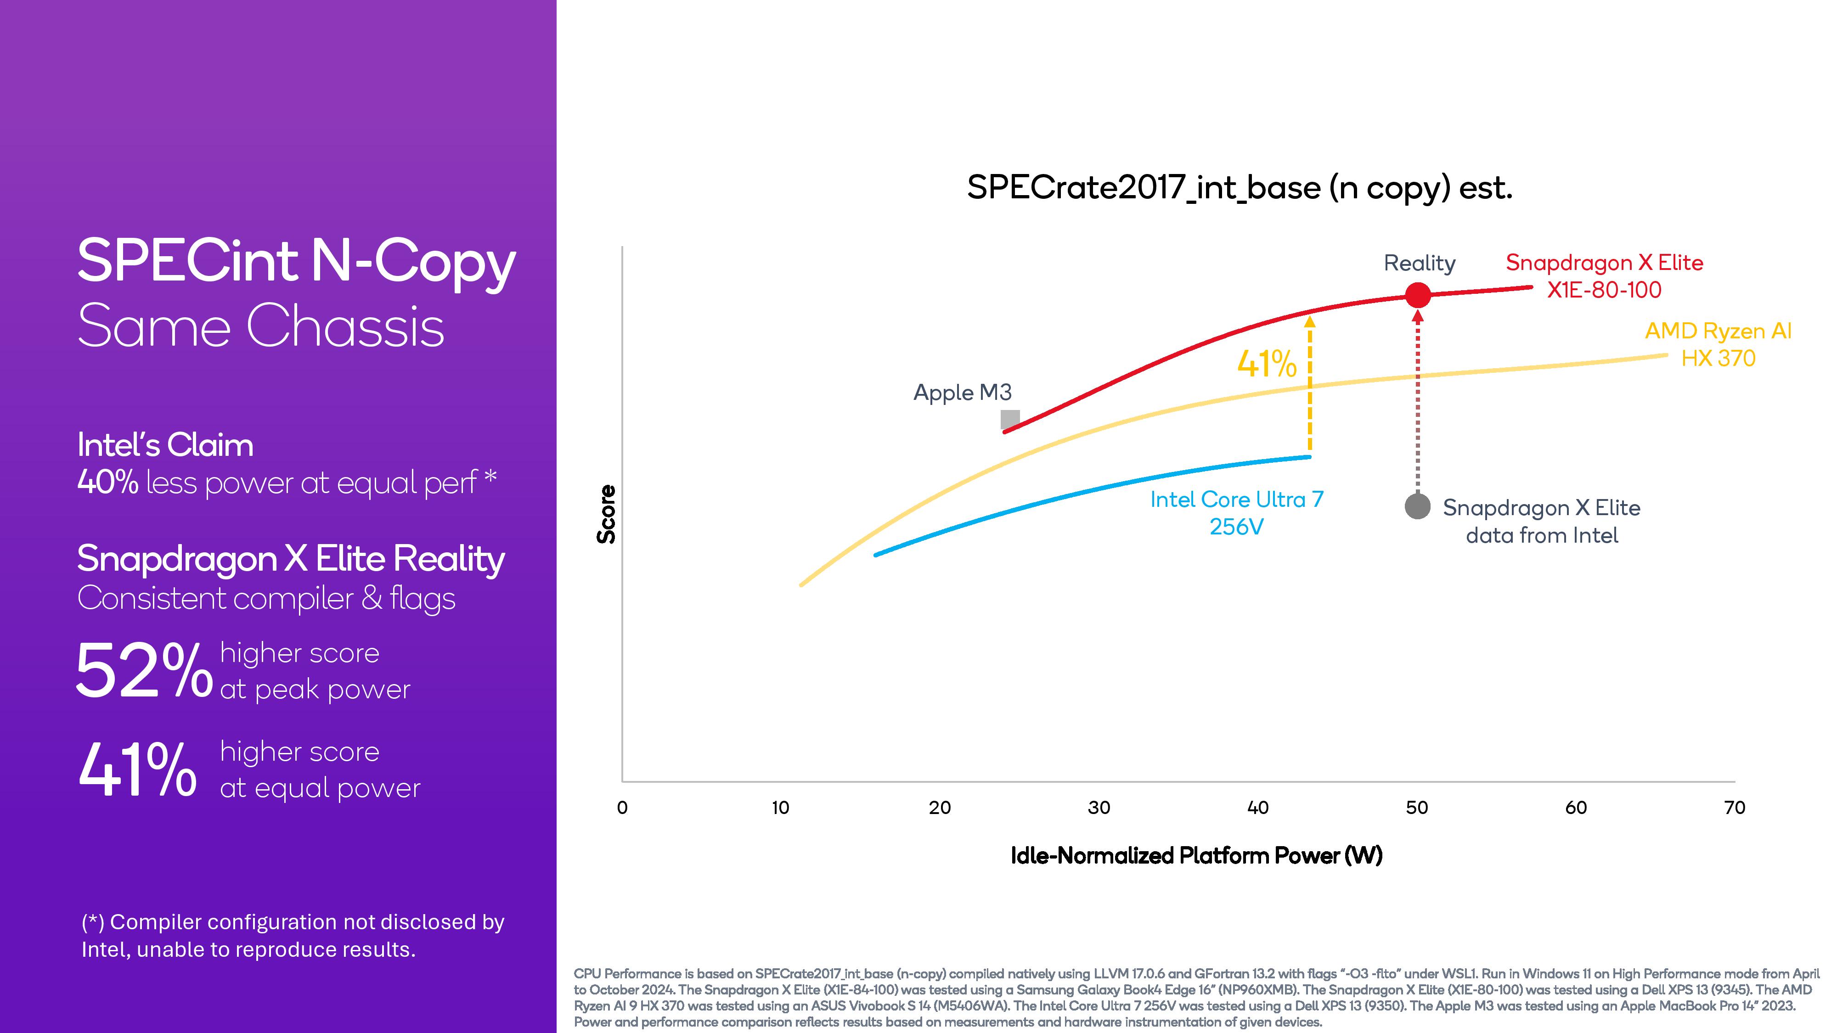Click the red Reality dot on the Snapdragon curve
[x=1418, y=294]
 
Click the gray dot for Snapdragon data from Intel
[x=1418, y=506]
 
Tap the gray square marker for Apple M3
[x=1010, y=419]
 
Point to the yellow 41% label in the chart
[x=1267, y=364]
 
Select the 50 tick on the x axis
[x=1417, y=808]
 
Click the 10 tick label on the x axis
[x=781, y=808]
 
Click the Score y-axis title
[x=606, y=514]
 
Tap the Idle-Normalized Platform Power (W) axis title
[x=1197, y=855]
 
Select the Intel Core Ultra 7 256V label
[x=1237, y=512]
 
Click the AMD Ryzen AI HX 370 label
[x=1718, y=344]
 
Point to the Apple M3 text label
[x=963, y=392]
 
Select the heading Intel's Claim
[x=165, y=445]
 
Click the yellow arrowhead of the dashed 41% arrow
[x=1309, y=321]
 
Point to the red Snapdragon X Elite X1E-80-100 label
[x=1605, y=276]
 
